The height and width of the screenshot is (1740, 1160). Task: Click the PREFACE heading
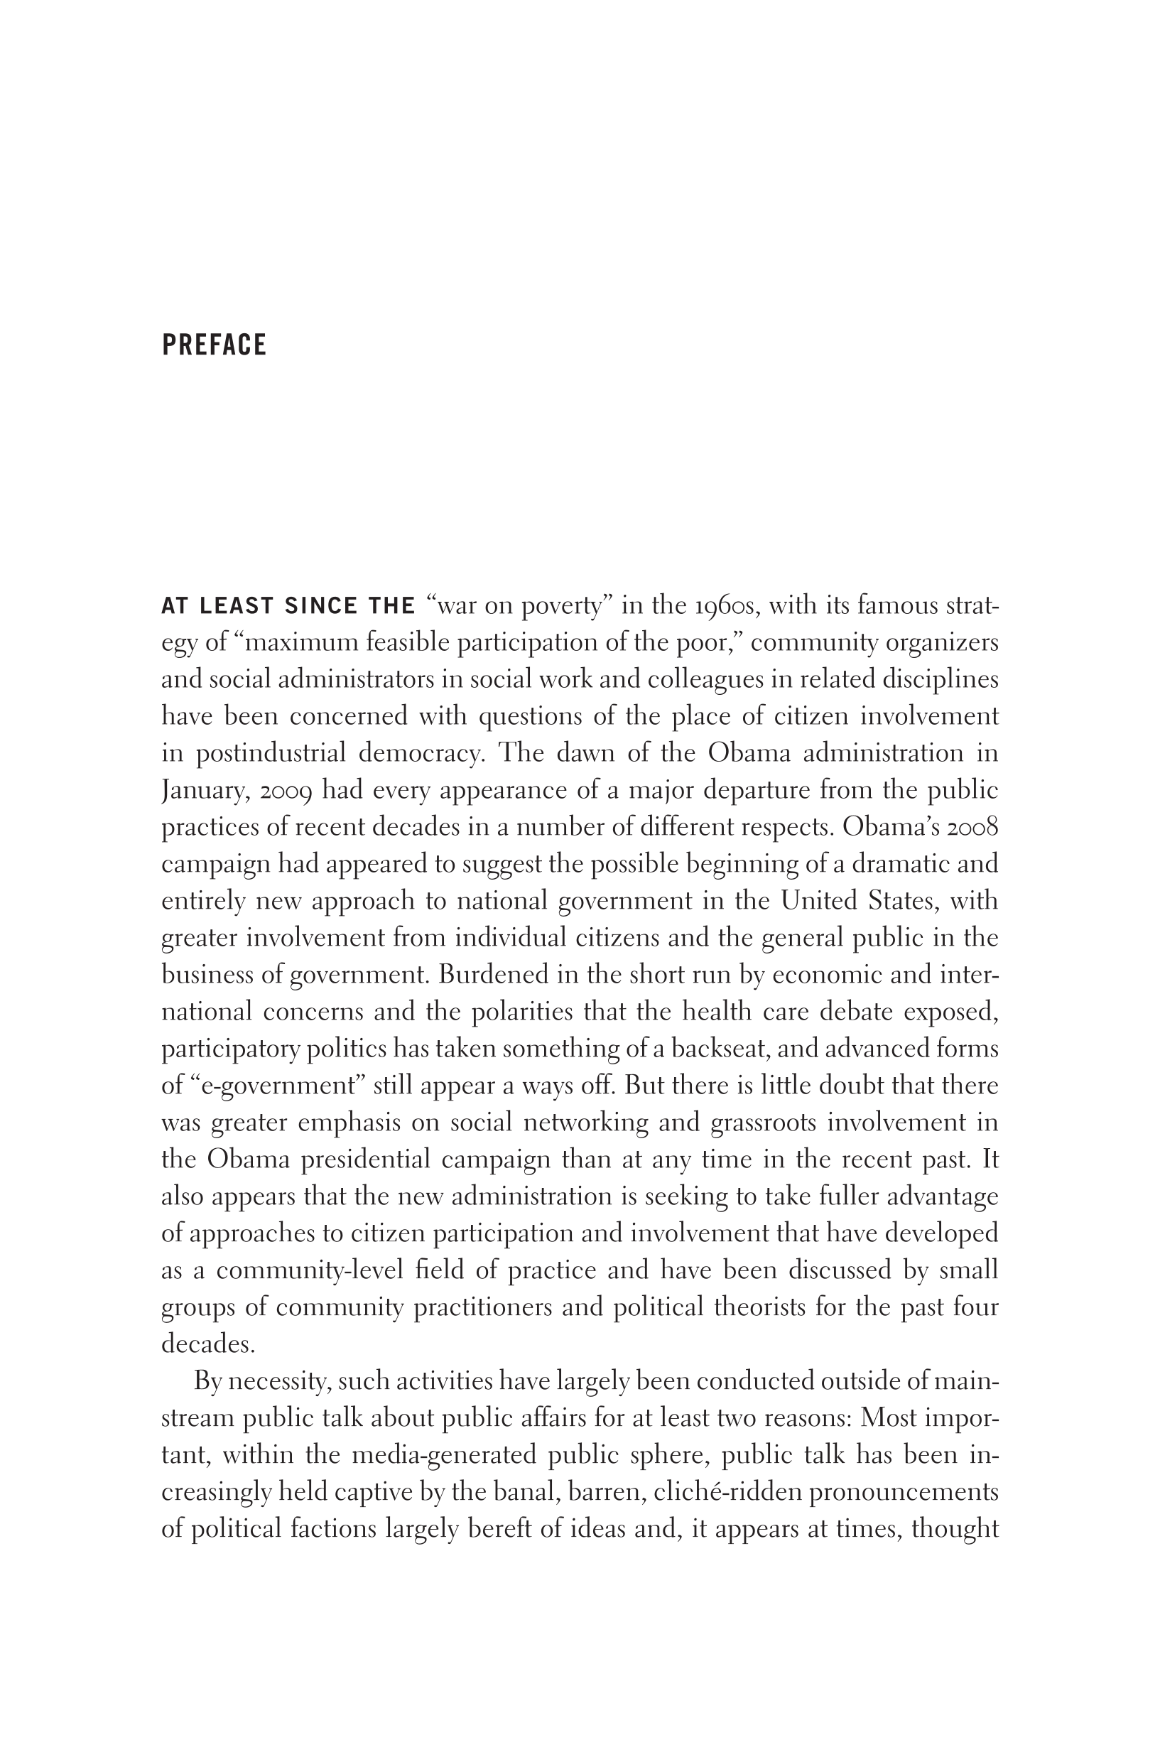[x=214, y=345]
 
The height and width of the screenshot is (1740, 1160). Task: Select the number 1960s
[x=726, y=606]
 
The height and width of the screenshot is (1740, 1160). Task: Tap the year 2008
[x=970, y=827]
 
